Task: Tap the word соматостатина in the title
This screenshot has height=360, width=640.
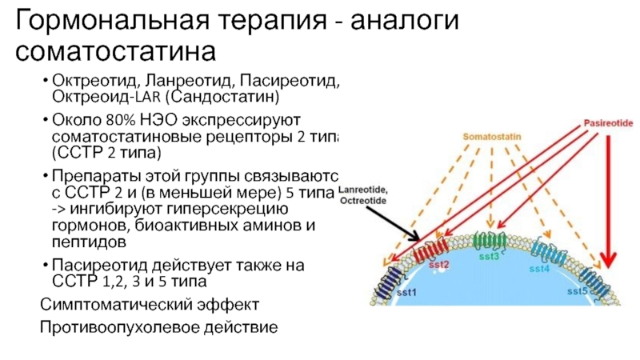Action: click(117, 52)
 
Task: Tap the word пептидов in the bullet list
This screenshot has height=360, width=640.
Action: click(86, 241)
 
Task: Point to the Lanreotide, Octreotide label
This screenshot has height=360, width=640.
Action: click(363, 195)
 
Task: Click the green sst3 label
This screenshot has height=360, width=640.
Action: click(488, 256)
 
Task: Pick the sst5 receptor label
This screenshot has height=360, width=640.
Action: click(578, 291)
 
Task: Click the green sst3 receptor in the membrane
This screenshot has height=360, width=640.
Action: click(487, 240)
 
